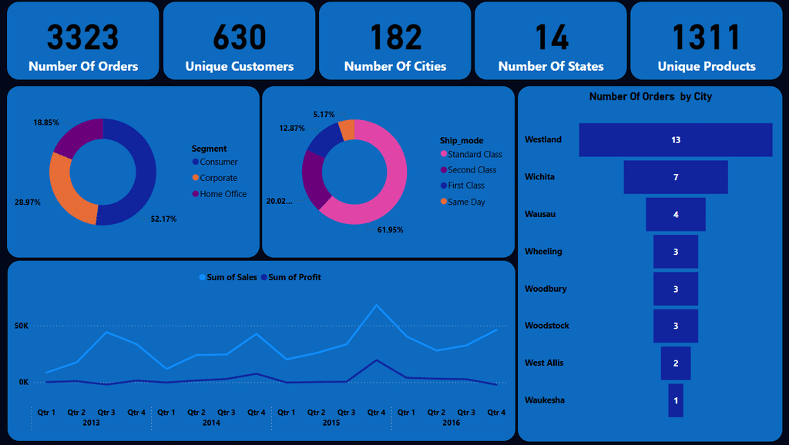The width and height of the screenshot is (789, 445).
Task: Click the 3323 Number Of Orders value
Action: click(x=83, y=37)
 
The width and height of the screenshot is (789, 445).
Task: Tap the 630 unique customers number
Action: click(x=240, y=37)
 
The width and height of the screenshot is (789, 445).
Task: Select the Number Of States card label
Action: click(x=551, y=66)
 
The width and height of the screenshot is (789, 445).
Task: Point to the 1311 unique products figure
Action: click(x=707, y=37)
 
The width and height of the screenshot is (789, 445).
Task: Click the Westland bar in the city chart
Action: click(x=675, y=140)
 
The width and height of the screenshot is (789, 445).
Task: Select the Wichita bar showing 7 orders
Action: click(x=675, y=177)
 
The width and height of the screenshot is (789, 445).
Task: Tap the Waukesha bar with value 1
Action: click(x=676, y=400)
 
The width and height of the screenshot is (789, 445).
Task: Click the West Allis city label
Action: click(x=544, y=363)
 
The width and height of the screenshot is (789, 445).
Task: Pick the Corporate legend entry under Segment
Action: click(x=215, y=178)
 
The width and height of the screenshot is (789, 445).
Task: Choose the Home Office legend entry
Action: click(x=220, y=194)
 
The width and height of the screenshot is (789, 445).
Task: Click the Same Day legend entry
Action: click(x=463, y=202)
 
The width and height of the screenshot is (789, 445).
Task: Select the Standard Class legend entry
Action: click(x=472, y=155)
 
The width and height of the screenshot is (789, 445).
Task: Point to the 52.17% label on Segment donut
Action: click(x=163, y=219)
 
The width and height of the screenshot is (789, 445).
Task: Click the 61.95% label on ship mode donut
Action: click(x=390, y=230)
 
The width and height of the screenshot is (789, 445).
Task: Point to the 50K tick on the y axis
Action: click(x=22, y=326)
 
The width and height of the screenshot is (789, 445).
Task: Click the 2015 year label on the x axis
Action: click(x=331, y=423)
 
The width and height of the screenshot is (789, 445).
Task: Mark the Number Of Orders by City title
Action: click(x=650, y=96)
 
